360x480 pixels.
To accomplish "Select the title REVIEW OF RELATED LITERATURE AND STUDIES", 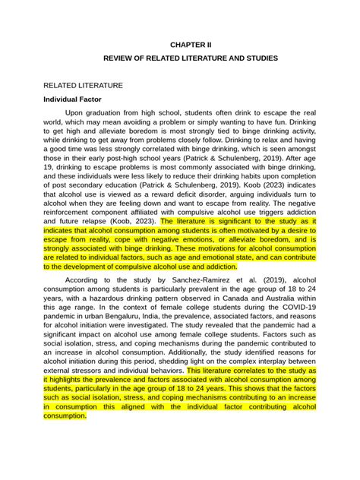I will pos(179,58).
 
